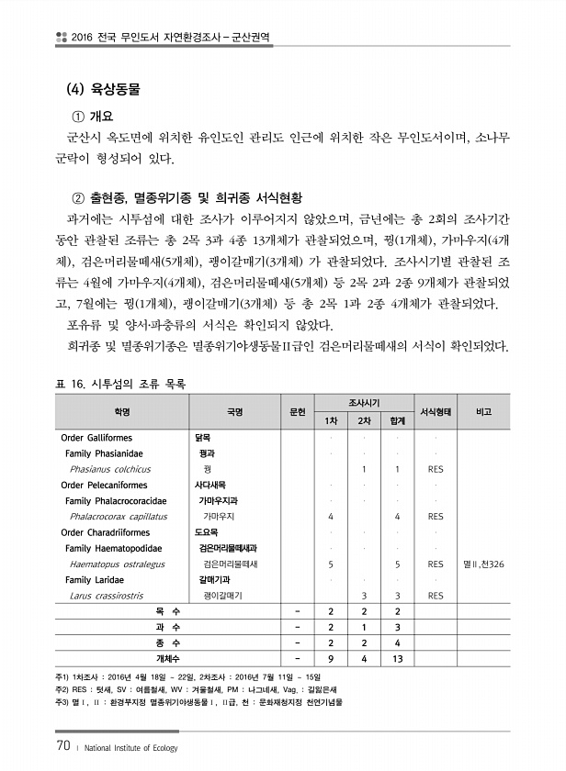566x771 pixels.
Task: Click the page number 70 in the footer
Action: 63,745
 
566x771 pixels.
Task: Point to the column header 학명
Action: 122,411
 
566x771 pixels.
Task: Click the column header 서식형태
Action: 435,411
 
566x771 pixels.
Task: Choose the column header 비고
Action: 483,411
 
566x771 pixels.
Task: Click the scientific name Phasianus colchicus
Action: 110,469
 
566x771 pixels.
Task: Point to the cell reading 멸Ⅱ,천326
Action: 484,564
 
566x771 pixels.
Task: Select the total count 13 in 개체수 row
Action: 397,658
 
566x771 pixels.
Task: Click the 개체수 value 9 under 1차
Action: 330,658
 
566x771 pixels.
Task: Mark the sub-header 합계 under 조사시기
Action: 397,420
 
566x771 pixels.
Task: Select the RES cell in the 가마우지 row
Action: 435,516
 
